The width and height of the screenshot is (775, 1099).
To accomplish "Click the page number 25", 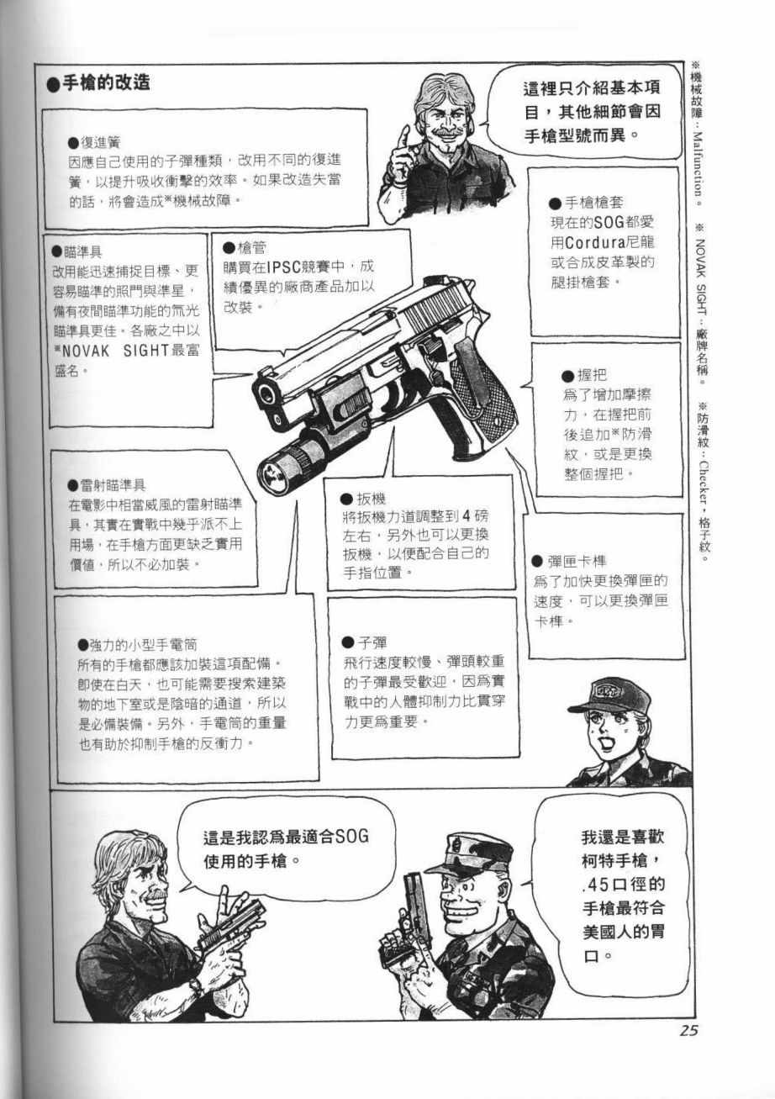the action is [688, 1030].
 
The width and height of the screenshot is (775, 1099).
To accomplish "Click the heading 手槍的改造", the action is [106, 83].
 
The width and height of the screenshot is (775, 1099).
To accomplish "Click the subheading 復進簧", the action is [101, 143].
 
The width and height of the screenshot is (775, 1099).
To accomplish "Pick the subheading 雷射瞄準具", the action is [113, 486].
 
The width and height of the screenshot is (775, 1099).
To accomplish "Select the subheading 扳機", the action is [372, 499].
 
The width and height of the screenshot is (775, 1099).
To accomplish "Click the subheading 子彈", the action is [372, 642].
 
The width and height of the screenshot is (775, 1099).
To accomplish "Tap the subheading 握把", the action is [592, 375].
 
